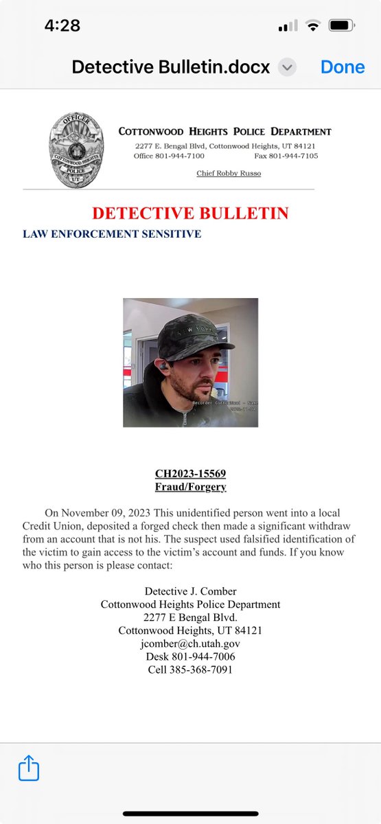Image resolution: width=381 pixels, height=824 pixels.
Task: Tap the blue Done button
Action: (343, 67)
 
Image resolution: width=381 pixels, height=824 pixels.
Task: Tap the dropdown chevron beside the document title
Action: (288, 67)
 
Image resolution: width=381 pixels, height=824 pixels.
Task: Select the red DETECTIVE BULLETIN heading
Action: (190, 213)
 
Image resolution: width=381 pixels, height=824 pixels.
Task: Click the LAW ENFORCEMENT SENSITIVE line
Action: (112, 234)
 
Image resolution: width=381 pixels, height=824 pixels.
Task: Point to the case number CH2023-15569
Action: (190, 474)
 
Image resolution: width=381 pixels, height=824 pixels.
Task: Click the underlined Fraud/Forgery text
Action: (190, 488)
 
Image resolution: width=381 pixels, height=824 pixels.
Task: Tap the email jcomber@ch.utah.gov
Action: (190, 643)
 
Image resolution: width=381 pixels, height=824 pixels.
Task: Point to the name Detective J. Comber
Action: (190, 591)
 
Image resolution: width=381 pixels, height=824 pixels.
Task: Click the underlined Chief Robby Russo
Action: (229, 173)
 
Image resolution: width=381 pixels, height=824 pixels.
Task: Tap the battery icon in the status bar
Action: (341, 26)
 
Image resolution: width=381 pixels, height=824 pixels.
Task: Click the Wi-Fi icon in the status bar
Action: (314, 26)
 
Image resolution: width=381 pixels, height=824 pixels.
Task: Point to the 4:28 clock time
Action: (62, 26)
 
